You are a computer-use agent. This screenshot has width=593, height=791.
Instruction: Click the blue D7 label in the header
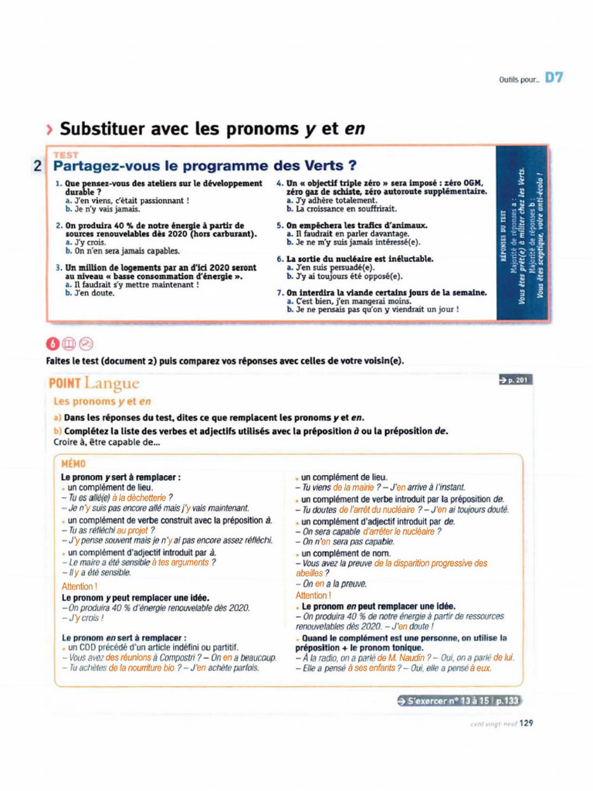pyautogui.click(x=554, y=77)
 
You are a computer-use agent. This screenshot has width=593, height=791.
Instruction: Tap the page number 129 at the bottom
pyautogui.click(x=526, y=724)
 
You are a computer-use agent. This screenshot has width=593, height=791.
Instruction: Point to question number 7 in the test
pyautogui.click(x=280, y=293)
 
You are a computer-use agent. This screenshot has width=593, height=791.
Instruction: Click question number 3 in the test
pyautogui.click(x=59, y=267)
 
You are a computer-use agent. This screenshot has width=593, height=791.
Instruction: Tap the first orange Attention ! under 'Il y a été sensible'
pyautogui.click(x=80, y=586)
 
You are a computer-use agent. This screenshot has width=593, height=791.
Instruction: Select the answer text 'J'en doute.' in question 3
pyautogui.click(x=93, y=293)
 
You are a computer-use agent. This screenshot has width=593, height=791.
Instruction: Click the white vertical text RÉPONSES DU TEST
pyautogui.click(x=503, y=239)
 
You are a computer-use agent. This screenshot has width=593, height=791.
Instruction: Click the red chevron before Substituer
pyautogui.click(x=51, y=129)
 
